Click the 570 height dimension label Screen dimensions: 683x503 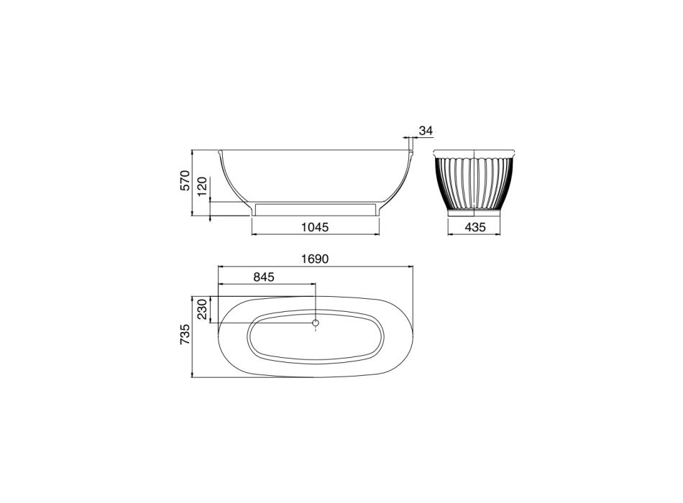tap(185, 180)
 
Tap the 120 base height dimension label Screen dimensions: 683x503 tap(202, 187)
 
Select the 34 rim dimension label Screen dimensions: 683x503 tap(426, 130)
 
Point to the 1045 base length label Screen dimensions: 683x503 tap(315, 227)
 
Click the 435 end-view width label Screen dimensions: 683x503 tap(475, 227)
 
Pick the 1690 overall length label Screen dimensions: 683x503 tap(315, 259)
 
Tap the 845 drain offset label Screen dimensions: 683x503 tap(264, 277)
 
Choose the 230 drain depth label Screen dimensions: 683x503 tap(202, 309)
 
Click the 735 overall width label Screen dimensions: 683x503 tap(185, 334)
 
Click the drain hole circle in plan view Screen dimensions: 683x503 tap(316, 323)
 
